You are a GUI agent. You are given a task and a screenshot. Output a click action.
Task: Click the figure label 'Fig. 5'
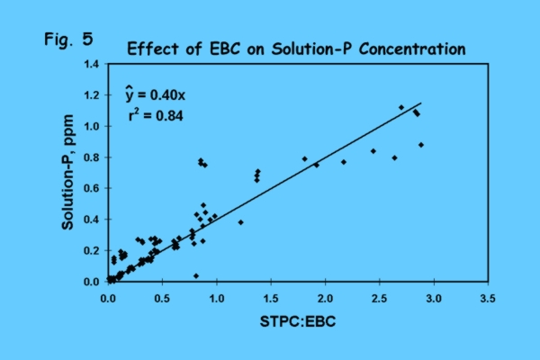coord(67,40)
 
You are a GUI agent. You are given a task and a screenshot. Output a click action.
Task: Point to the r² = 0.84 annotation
coord(157,115)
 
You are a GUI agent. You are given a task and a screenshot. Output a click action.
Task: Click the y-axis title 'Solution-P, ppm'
coord(67,173)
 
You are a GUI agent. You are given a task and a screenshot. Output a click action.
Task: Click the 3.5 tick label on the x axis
coord(489,295)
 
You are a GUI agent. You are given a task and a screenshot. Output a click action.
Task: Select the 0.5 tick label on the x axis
coord(162,295)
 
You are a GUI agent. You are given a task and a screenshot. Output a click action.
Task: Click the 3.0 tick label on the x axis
coord(435,295)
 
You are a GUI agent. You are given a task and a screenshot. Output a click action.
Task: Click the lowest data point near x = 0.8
coord(196,275)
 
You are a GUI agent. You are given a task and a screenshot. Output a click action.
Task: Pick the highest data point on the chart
coord(401,107)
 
